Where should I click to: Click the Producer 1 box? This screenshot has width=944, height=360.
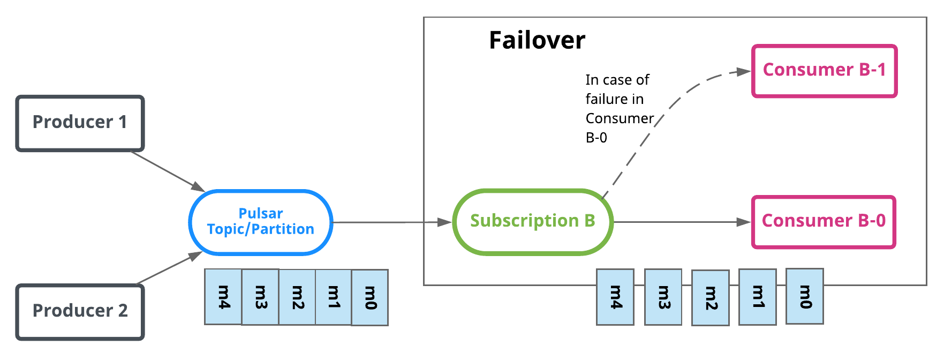(80, 123)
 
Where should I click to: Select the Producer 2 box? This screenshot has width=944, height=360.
(80, 312)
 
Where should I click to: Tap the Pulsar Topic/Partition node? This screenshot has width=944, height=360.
(261, 222)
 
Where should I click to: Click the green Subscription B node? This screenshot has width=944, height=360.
(533, 221)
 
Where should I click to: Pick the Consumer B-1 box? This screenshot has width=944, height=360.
(824, 71)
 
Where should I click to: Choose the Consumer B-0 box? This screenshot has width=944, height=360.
(824, 222)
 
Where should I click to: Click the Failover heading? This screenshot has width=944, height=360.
(537, 41)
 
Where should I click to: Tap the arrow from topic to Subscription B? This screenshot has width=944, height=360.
(391, 222)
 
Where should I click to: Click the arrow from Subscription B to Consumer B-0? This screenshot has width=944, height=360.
(680, 222)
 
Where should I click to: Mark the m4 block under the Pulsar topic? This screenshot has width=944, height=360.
(223, 297)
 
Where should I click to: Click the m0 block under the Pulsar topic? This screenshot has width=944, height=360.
(370, 297)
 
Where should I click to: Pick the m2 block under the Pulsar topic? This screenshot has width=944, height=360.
(297, 297)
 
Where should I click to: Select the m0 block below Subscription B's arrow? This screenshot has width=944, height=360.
(805, 296)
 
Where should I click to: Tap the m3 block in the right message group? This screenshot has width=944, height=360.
(663, 297)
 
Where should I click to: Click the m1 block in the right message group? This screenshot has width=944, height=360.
(758, 297)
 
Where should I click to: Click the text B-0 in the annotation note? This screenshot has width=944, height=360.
(596, 138)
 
